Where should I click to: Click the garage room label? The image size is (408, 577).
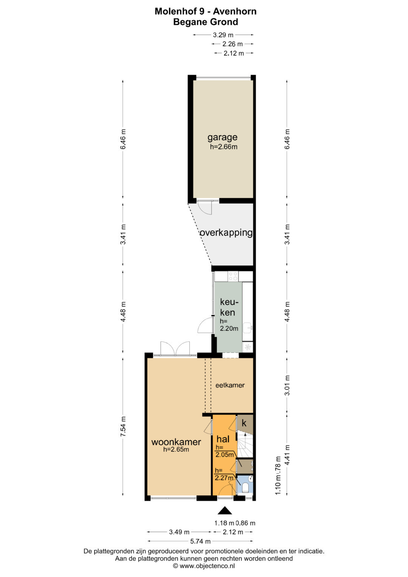pos(222,137)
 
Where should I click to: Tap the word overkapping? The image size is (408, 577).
pos(226,233)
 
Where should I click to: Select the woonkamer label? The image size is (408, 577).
pos(176,442)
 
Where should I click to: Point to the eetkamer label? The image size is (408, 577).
pos(230,385)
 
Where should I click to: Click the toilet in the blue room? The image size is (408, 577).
pos(246,487)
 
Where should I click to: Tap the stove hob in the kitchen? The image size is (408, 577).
pos(233,276)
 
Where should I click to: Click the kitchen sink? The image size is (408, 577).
pos(248,328)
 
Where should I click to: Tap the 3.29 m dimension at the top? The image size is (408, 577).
pos(223,35)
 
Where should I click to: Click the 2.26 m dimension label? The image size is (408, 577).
pos(232,44)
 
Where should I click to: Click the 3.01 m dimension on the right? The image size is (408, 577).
pos(287,385)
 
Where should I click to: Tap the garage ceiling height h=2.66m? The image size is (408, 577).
pos(224,147)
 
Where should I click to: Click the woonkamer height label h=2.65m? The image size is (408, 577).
pos(176,450)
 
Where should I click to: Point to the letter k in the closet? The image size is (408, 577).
pos(244,423)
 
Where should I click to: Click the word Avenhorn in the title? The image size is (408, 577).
pos(235,11)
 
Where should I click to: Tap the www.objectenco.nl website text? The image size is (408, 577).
pos(207,566)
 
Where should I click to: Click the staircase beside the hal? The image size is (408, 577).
pos(245,444)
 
